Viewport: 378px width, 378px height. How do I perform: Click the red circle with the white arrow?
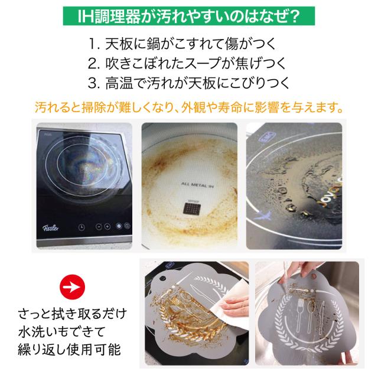(72, 287)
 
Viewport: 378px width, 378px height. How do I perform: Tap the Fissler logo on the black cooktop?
(51, 227)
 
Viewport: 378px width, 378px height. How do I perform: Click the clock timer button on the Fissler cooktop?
(82, 227)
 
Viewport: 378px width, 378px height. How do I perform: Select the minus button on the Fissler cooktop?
(99, 227)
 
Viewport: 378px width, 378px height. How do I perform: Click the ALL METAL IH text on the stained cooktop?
(197, 185)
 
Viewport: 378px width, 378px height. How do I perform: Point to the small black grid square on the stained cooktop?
(192, 208)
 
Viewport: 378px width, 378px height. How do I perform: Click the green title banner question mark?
(294, 17)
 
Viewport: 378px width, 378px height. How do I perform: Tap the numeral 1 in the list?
(92, 44)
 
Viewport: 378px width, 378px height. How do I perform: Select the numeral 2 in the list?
(92, 64)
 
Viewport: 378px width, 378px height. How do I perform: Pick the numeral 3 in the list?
(92, 83)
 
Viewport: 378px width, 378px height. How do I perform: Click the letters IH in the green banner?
(86, 17)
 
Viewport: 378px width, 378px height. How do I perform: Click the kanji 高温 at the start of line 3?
(119, 83)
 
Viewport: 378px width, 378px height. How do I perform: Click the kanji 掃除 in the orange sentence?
(94, 107)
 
